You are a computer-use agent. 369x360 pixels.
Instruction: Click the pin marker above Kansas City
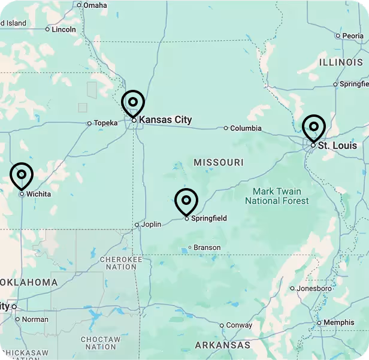pos(133,103)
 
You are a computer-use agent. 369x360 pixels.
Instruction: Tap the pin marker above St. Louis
pos(313,128)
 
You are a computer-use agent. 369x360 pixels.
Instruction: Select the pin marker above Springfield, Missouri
pos(186,201)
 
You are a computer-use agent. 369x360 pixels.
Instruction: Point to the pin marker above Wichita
pos(22,176)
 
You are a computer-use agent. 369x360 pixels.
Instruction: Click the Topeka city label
pos(106,123)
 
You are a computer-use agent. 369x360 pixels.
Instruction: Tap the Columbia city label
pos(246,128)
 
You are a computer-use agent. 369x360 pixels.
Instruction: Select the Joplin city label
pos(151,225)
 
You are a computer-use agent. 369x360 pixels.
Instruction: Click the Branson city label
pos(207,247)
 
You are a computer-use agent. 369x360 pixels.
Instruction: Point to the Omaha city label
pos(95,5)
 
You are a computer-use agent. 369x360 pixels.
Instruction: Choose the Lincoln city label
pos(64,29)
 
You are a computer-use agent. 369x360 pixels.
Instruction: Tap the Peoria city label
pos(353,36)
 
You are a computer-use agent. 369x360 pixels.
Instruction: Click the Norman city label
pos(35,319)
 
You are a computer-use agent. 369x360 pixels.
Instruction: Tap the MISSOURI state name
pos(219,162)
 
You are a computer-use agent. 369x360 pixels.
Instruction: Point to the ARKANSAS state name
pos(222,345)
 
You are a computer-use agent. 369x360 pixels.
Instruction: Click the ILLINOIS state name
pos(341,62)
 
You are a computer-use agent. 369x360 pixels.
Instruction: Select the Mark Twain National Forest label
pos(277,196)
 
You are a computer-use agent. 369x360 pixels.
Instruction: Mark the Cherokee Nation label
pos(121,263)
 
